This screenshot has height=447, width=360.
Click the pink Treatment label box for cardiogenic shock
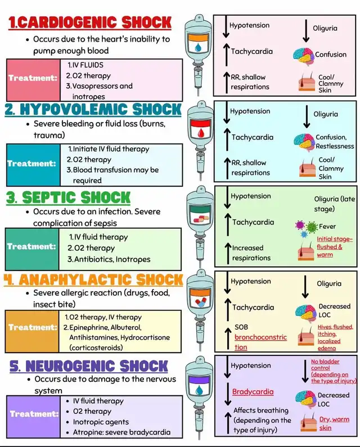tap(33, 78)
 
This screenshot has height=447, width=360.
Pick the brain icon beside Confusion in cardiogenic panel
tap(303, 55)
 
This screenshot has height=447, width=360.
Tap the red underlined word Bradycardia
tap(253, 391)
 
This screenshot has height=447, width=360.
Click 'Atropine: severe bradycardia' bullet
tap(121, 432)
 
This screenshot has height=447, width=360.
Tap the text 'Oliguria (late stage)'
tap(332, 204)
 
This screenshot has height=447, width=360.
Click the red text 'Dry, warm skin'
tap(333, 423)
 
